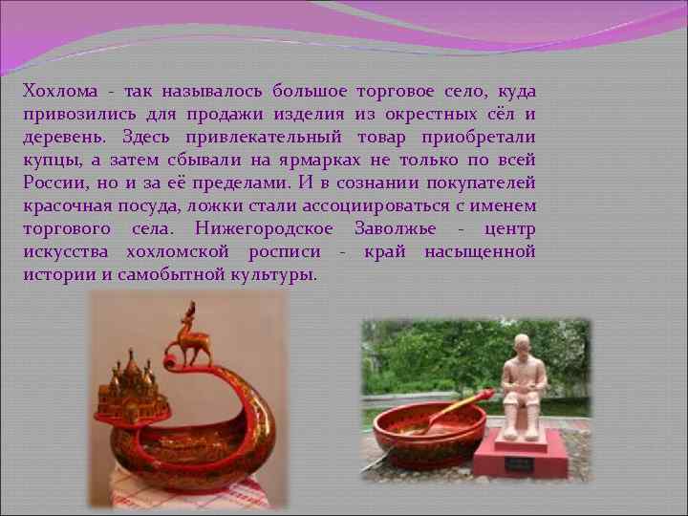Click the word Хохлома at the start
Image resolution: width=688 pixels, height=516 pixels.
(x=58, y=92)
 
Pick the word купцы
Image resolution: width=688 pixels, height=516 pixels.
(x=49, y=161)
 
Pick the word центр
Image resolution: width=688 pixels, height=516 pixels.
(x=509, y=229)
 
